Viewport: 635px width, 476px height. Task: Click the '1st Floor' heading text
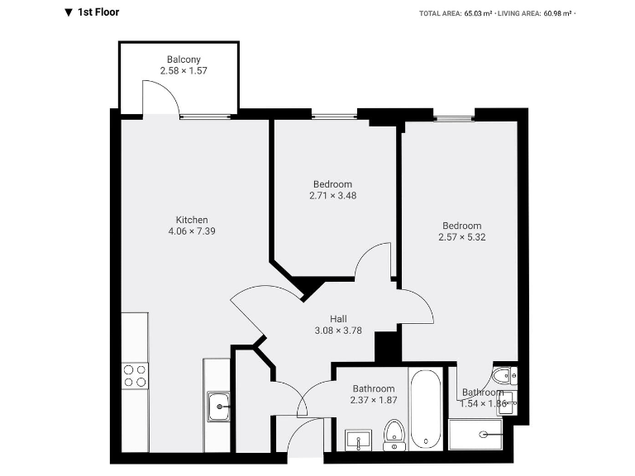coord(98,12)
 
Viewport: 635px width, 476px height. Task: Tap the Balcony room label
coord(184,59)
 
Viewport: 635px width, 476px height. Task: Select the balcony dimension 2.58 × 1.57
coord(184,71)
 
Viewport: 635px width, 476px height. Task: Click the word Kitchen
coord(192,220)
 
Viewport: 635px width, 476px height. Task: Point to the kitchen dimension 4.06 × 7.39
coord(192,231)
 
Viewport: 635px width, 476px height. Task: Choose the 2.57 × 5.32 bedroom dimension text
coord(461,237)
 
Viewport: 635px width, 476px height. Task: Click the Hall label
coord(338,319)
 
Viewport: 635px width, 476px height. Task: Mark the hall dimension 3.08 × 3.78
coord(338,331)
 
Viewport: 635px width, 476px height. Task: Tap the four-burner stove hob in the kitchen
coord(136,376)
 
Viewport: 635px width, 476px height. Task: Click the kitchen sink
coord(218,406)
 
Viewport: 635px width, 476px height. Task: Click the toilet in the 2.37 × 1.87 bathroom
coord(394,432)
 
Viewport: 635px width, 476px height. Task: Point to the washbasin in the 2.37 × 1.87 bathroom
coord(359,439)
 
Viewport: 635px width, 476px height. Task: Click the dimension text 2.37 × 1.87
coord(374,400)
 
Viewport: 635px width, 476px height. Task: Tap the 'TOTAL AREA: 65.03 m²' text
coord(456,13)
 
